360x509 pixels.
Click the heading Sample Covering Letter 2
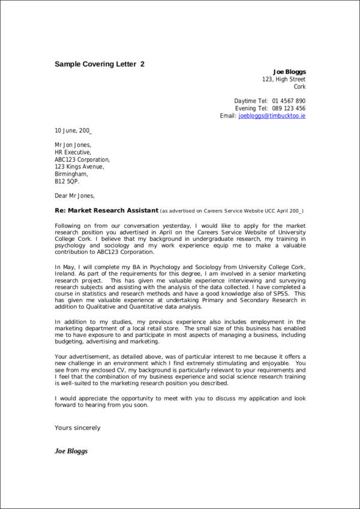point(100,64)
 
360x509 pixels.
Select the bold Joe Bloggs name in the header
point(289,72)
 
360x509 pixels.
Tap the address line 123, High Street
point(284,79)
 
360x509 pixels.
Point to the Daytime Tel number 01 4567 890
point(289,101)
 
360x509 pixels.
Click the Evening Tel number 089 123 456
point(289,108)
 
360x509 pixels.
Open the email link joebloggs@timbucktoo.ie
point(272,116)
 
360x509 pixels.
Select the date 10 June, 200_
point(73,130)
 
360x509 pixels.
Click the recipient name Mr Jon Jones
point(73,145)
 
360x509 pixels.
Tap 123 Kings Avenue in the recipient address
point(79,167)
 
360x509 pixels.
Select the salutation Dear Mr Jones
point(75,195)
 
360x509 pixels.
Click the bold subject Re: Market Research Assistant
point(107,210)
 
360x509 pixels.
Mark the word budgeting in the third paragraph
point(69,342)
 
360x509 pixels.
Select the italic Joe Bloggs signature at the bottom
point(71,451)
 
